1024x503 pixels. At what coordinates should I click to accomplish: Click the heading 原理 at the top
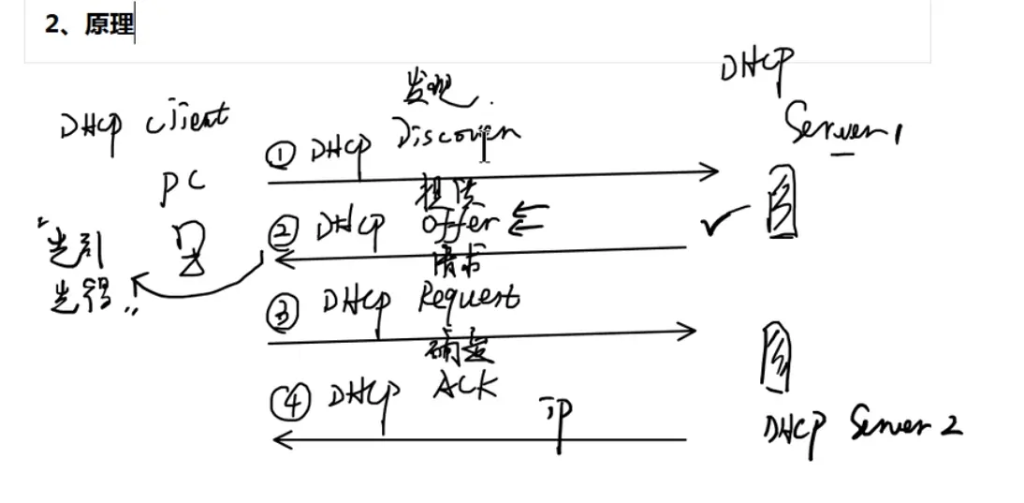(x=110, y=25)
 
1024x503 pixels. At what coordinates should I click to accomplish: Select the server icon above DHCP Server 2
(x=774, y=357)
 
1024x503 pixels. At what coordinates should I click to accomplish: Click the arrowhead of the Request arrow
(x=691, y=331)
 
